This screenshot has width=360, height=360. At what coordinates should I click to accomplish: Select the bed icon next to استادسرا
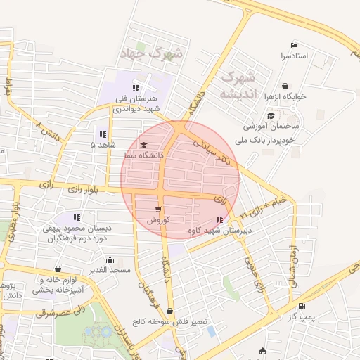click(x=294, y=46)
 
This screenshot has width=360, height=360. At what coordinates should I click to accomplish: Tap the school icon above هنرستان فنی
click(x=136, y=88)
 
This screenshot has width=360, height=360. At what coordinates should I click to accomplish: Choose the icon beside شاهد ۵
click(x=103, y=134)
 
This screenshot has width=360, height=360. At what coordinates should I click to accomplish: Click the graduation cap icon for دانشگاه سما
click(x=143, y=144)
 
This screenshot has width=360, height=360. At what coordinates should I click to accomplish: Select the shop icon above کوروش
click(x=158, y=209)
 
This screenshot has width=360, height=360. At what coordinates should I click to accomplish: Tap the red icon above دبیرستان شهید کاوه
click(x=220, y=219)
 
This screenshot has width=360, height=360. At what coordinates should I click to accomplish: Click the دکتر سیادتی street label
click(x=213, y=150)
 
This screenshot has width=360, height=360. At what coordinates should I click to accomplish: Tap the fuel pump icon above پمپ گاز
click(x=302, y=306)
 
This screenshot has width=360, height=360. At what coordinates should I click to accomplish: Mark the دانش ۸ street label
click(x=48, y=129)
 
